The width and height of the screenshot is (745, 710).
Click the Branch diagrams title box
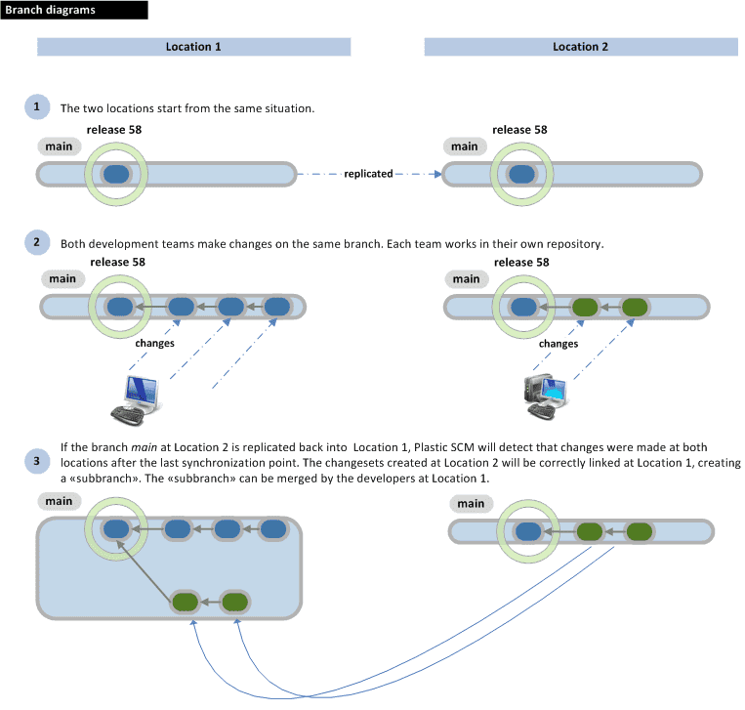[x=74, y=11]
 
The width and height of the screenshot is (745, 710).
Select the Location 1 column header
[x=193, y=47]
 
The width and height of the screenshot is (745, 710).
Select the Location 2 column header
[x=580, y=47]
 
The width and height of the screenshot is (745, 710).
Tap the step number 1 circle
[x=37, y=106]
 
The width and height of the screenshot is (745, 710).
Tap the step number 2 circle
[x=37, y=242]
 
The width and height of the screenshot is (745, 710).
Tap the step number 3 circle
[x=37, y=461]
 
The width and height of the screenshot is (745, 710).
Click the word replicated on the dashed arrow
[x=368, y=174]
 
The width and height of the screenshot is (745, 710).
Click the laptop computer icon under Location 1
[x=136, y=397]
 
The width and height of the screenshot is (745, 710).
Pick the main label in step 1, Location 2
[x=464, y=146]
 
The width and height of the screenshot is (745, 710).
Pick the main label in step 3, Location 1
[x=59, y=501]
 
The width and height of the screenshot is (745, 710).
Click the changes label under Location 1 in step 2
[x=155, y=344]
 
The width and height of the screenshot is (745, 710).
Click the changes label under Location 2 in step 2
[x=559, y=344]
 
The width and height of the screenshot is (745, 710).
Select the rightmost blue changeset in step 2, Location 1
[x=278, y=307]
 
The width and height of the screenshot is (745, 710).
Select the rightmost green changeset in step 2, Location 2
[x=636, y=307]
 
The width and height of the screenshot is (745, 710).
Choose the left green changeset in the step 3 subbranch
[x=186, y=601]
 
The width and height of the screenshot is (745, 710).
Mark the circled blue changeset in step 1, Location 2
[x=521, y=174]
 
